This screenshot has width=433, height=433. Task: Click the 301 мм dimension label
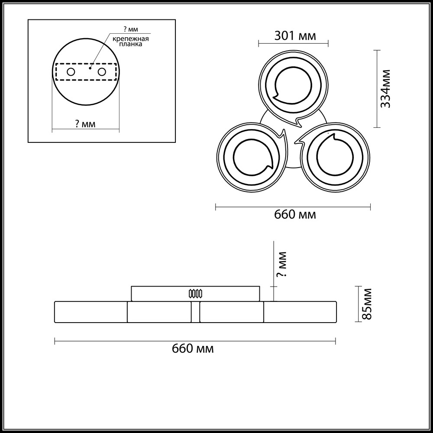point(295,36)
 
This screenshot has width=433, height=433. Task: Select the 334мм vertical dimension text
point(385,89)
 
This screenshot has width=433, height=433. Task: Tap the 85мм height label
point(367,304)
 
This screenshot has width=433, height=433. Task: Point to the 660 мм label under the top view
point(295,215)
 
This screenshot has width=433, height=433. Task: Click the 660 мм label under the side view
point(193,349)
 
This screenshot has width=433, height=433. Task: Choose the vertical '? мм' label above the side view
point(282,264)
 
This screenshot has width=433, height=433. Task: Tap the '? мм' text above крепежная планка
point(131,29)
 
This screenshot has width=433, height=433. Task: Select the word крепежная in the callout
point(130,39)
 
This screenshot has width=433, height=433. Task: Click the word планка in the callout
point(131,44)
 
